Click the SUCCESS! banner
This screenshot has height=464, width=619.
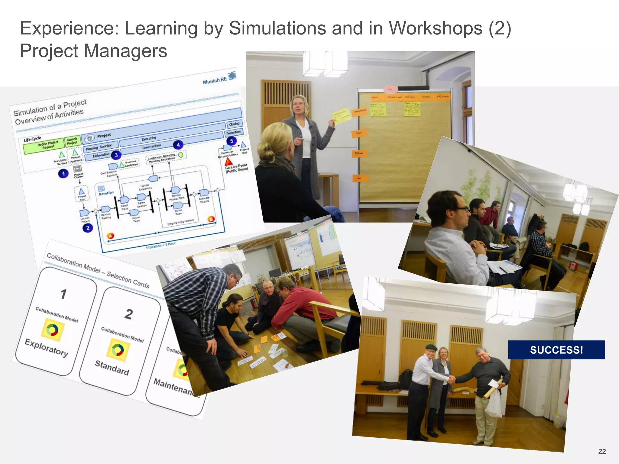coord(556,350)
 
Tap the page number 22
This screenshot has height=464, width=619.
coord(602,451)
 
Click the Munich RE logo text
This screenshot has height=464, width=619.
coord(215,80)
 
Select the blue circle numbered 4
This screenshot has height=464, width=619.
coord(178,145)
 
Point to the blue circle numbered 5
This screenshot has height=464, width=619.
coord(232,141)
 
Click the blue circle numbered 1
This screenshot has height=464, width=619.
coord(63,174)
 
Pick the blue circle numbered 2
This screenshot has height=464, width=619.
coord(88,228)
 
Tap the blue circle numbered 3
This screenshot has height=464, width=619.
coord(116,155)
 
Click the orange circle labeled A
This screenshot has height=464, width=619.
coord(111,236)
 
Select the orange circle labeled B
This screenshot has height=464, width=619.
coord(211,219)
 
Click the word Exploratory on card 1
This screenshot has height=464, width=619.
coord(47,347)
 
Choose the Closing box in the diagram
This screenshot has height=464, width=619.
coord(234,124)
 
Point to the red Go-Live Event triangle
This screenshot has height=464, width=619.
coord(229,162)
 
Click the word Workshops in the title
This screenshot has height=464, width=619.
coord(435,28)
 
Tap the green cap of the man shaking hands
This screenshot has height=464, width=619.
coord(431,348)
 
